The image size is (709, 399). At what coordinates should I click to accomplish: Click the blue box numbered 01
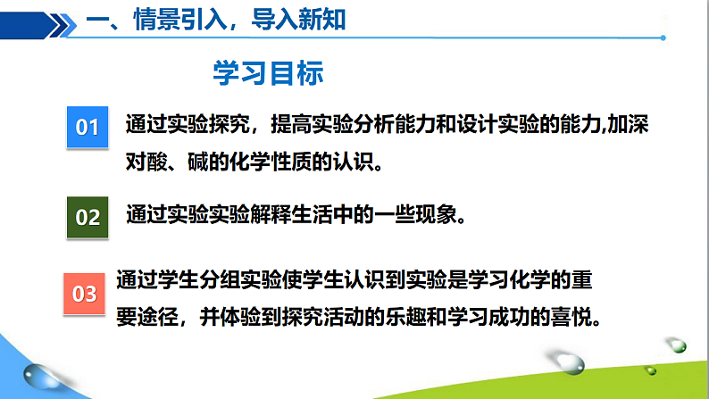87,127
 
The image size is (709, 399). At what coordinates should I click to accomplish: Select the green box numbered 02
87,216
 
